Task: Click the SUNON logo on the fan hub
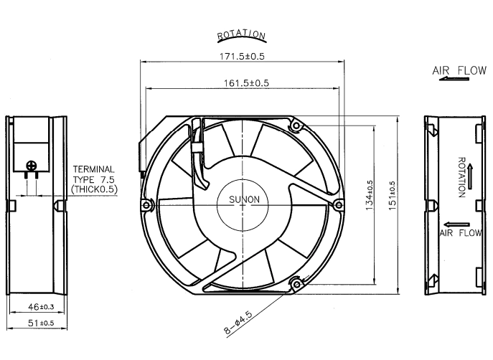[244, 199]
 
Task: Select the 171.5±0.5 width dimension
[242, 57]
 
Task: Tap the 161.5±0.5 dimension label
[246, 83]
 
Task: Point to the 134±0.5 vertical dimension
[370, 195]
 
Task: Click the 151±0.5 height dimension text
[392, 196]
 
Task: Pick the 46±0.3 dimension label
[41, 307]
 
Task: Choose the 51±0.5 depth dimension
[41, 323]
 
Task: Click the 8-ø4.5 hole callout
[238, 322]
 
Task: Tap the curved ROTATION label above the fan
[241, 35]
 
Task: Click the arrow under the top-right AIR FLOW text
[454, 79]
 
